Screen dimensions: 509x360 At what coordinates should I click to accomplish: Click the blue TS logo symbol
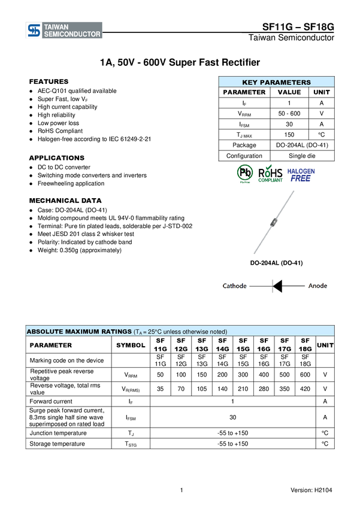pos(34,31)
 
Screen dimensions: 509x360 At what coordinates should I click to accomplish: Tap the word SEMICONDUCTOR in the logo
pos(71,35)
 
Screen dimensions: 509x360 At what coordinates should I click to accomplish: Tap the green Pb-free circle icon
pos(245,173)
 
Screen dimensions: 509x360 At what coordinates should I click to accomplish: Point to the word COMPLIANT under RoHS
pos(270,180)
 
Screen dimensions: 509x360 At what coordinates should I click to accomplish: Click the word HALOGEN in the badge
pos(301,171)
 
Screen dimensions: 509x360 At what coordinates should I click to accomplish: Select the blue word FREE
pos(301,178)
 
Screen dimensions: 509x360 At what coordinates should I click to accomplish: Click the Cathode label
pos(234,286)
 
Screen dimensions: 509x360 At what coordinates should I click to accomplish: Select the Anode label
pos(317,286)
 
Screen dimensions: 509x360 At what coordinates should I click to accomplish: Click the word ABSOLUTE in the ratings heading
pos(44,332)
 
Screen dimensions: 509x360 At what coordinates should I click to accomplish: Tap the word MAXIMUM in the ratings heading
pos(83,332)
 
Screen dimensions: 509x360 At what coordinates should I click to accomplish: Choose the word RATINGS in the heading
pos(117,332)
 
